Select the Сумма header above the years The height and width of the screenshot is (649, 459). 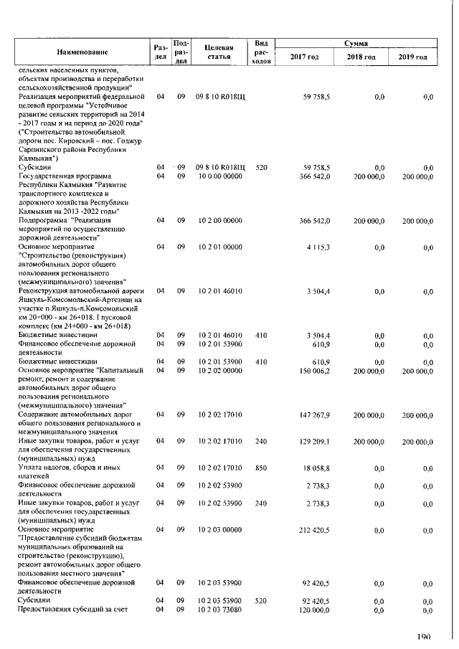tap(356, 43)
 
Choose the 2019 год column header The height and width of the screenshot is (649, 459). tap(412, 57)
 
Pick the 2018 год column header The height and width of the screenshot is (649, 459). tap(361, 57)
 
